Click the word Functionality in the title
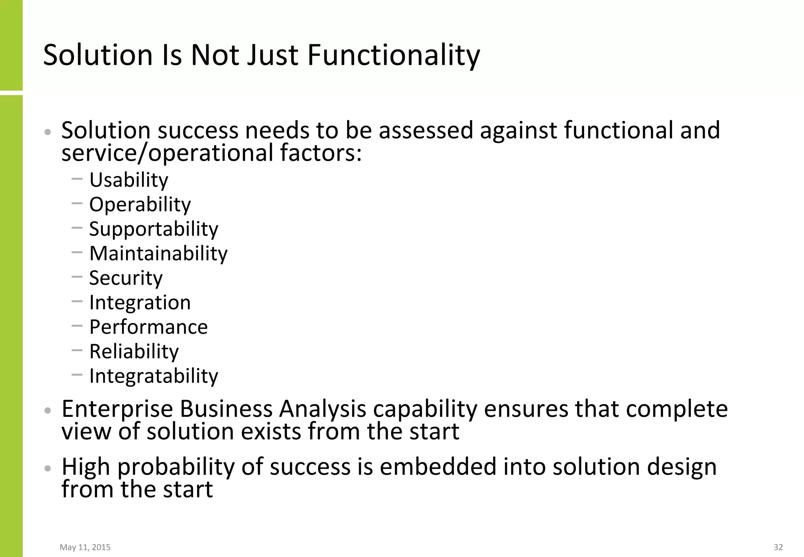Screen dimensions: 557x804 (393, 55)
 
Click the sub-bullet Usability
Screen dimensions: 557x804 (129, 180)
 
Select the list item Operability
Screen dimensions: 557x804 (140, 205)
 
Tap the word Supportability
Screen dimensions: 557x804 (153, 229)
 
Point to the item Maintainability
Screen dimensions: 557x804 (158, 254)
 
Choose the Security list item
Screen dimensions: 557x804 (126, 278)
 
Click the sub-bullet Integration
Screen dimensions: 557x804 (140, 302)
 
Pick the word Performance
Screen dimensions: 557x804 (148, 327)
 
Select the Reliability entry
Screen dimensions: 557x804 (134, 352)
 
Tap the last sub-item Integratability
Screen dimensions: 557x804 (153, 376)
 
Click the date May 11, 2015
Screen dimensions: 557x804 (85, 547)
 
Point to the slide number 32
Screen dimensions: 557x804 (778, 547)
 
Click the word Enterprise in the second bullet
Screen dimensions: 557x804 (117, 409)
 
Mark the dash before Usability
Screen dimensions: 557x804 (77, 179)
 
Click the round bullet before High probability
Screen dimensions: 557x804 (48, 468)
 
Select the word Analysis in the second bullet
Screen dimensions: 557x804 (322, 409)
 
